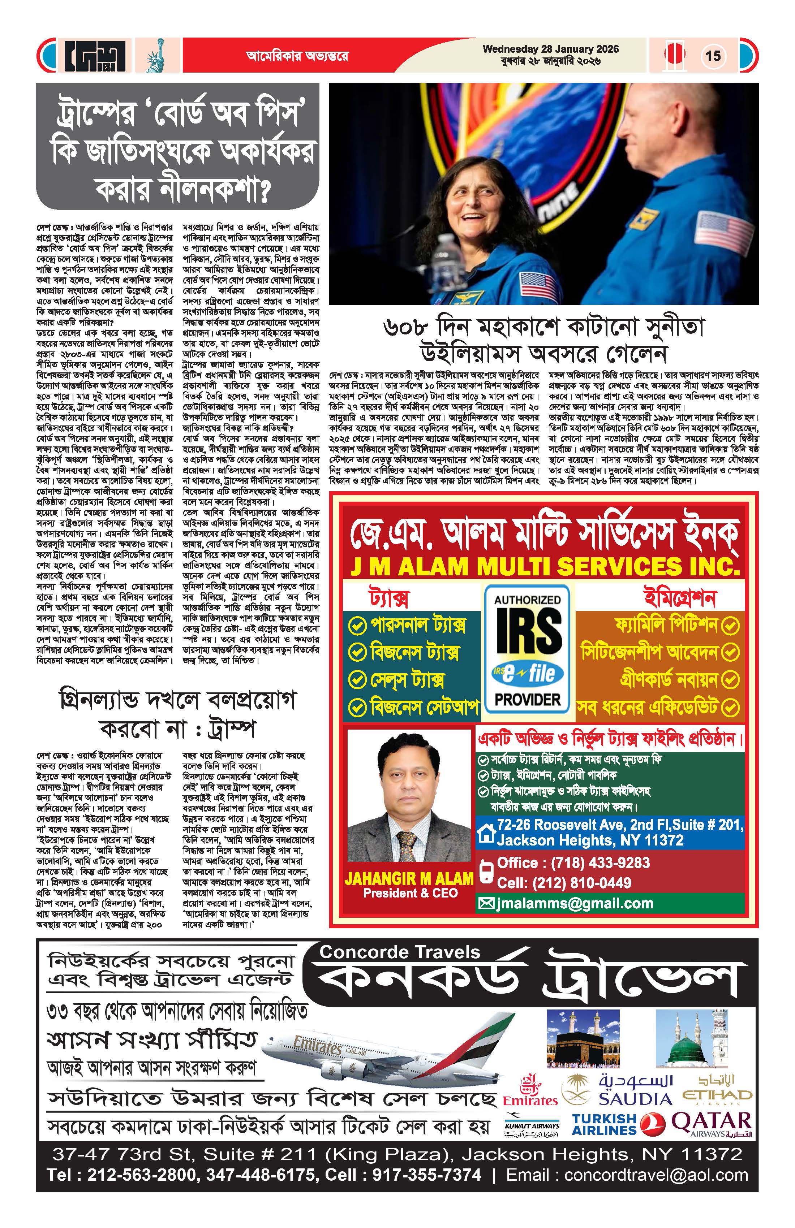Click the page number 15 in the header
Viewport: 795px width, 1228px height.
coord(713,55)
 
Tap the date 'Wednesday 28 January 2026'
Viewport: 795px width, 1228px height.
coord(550,49)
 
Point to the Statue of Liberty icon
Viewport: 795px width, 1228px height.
coord(154,56)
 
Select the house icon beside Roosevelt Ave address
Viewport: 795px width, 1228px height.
coord(486,833)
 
